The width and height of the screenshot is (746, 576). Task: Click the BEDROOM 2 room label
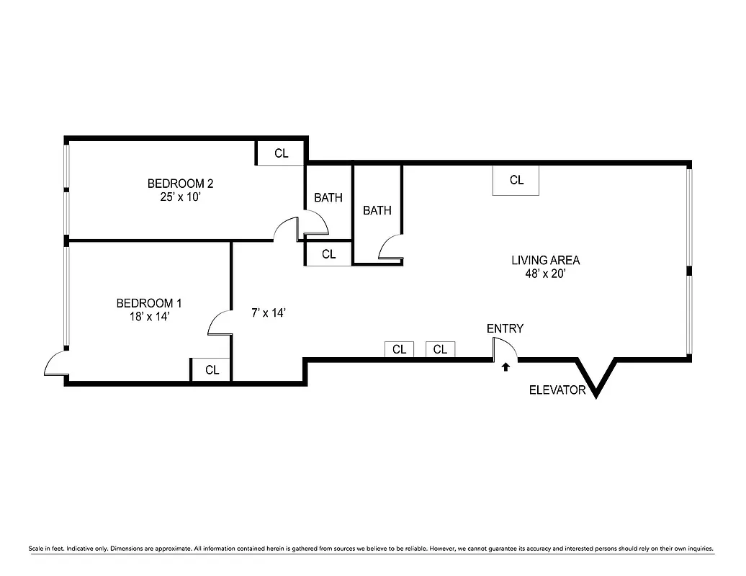click(180, 183)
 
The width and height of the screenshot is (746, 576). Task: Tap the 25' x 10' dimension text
click(180, 196)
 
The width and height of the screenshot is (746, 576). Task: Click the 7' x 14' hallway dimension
click(269, 312)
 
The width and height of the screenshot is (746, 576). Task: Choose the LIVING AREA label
click(545, 260)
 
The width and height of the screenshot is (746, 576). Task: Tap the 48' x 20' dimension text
click(545, 273)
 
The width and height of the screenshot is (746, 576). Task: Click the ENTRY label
click(505, 328)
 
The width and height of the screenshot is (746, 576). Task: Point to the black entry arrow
click(505, 366)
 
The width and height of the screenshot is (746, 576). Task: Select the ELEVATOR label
click(557, 390)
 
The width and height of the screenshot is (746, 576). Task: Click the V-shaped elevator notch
click(597, 378)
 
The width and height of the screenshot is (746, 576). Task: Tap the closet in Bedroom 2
click(281, 153)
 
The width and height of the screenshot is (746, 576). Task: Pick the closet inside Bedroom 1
click(211, 370)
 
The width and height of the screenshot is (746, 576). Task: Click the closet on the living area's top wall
click(516, 180)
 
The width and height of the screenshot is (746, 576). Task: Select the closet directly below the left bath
click(328, 254)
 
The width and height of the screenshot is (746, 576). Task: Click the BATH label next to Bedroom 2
click(328, 197)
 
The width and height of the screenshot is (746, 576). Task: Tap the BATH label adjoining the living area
click(377, 210)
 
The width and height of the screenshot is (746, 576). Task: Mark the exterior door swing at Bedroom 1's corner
click(55, 366)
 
